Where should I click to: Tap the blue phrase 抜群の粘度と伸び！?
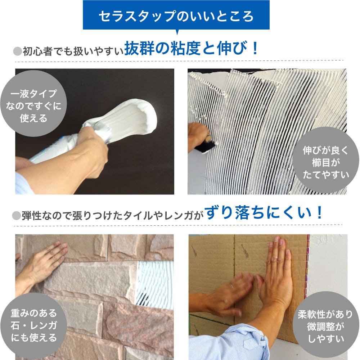(191, 49)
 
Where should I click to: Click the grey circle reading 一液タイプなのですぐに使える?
(34, 104)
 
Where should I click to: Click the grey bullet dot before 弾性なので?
(17, 215)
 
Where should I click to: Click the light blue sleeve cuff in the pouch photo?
(23, 184)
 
